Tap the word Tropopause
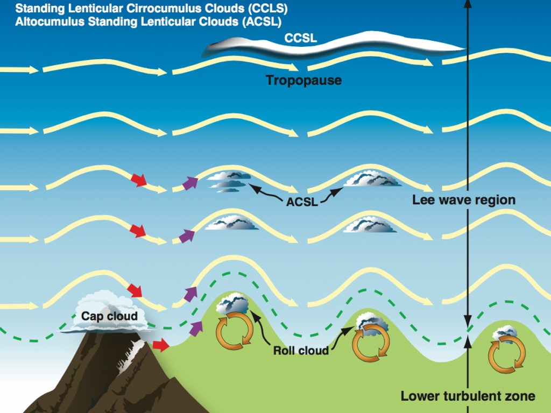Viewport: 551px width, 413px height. click(304, 81)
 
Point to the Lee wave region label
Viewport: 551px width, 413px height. click(464, 200)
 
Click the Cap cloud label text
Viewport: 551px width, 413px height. click(109, 316)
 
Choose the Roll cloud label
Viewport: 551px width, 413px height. click(301, 351)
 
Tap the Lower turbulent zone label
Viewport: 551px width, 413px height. click(468, 396)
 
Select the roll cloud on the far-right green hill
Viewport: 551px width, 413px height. click(505, 333)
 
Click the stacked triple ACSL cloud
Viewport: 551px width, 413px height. click(228, 181)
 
